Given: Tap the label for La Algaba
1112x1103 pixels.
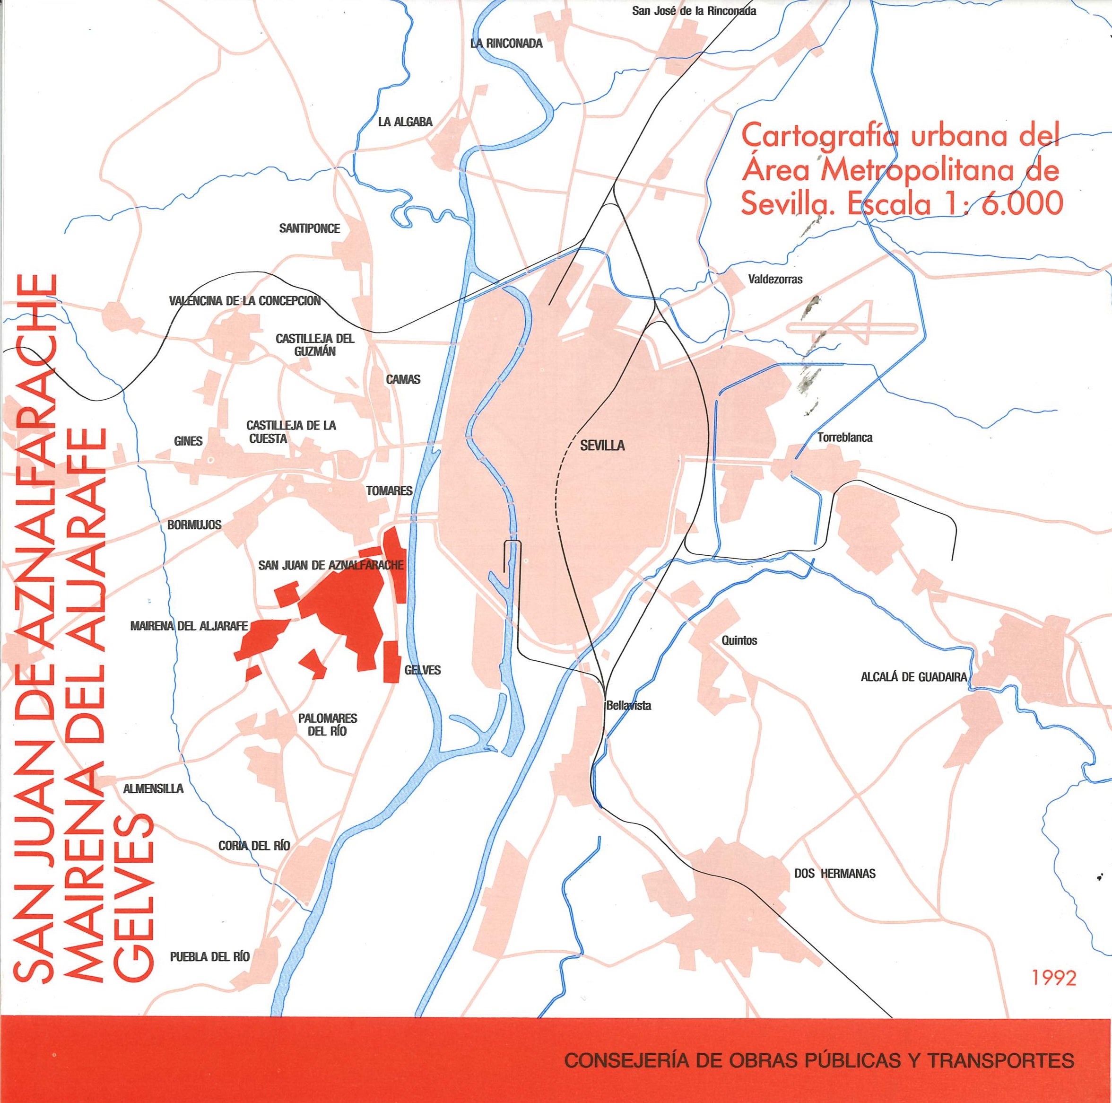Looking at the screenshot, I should click(405, 122).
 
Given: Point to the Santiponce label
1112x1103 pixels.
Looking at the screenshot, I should click(310, 228).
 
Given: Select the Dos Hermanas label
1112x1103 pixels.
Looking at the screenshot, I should click(834, 873).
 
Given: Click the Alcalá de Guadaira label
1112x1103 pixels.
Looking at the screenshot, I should click(913, 677).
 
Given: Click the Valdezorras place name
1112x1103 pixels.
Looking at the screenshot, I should click(775, 280).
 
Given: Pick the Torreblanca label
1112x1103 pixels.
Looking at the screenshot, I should click(845, 437).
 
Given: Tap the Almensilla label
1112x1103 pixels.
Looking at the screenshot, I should click(154, 788).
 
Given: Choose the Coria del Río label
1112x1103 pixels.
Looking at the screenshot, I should click(254, 846).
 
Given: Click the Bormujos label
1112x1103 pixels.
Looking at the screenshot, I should click(194, 525).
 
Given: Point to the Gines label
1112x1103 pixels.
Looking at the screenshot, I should click(188, 441).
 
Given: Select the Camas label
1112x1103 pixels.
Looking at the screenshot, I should click(403, 379).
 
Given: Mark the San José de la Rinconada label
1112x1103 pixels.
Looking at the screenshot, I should click(694, 11).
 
